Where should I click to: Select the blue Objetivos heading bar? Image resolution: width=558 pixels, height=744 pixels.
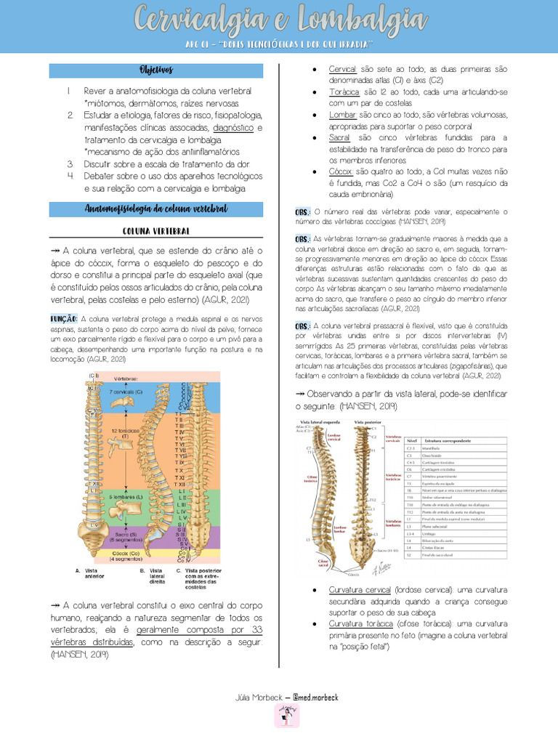155,70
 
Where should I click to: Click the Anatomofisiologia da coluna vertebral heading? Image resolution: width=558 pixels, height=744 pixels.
155,209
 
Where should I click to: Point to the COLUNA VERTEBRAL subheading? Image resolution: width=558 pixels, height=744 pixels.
155,231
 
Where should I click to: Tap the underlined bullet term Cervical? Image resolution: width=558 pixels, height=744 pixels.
342,69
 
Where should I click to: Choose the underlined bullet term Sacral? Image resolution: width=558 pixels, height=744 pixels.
339,138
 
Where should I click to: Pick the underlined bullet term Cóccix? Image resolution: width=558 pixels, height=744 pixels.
340,171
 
